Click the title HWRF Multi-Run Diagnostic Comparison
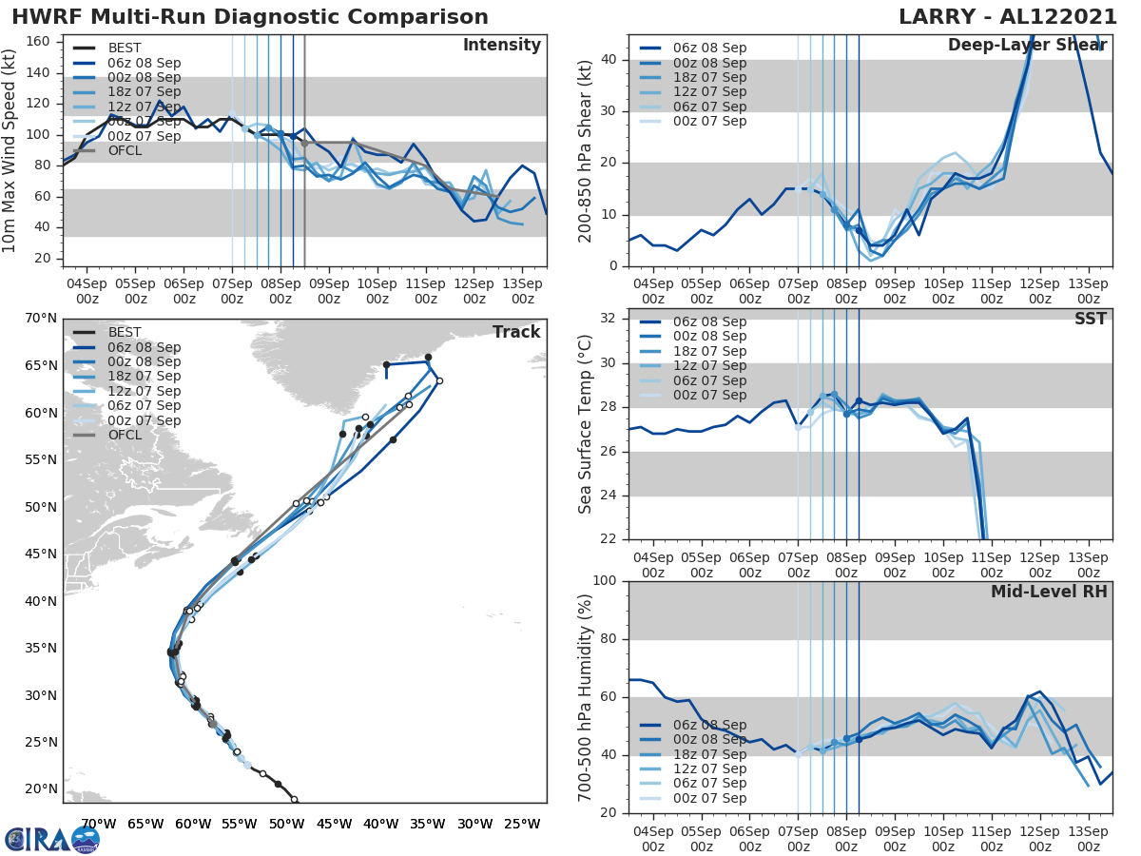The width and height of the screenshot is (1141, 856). pyautogui.click(x=250, y=17)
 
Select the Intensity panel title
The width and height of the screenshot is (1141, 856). pyautogui.click(x=501, y=46)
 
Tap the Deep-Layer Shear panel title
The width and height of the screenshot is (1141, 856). pyautogui.click(x=1027, y=46)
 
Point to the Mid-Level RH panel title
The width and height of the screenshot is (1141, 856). pyautogui.click(x=1049, y=593)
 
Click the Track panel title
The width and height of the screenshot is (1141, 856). pyautogui.click(x=516, y=332)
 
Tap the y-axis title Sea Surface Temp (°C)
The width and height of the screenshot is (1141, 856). pyautogui.click(x=586, y=423)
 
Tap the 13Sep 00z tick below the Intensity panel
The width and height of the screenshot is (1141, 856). pyautogui.click(x=522, y=290)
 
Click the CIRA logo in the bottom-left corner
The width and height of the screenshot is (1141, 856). pyautogui.click(x=51, y=840)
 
